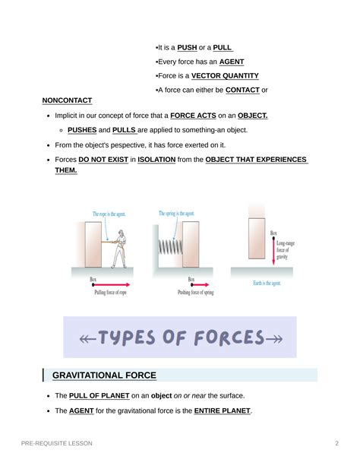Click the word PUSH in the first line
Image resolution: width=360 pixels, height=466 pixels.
(187, 47)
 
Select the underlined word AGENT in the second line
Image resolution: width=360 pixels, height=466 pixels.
(232, 62)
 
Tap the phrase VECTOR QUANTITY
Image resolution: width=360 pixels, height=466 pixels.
(225, 76)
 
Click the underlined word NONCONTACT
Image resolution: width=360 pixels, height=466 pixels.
(67, 100)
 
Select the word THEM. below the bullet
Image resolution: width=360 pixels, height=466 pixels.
(66, 170)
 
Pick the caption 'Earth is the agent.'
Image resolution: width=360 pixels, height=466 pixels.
(271, 284)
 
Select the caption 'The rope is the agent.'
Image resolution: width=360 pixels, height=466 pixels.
(109, 214)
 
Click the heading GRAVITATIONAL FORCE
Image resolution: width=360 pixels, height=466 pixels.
(104, 375)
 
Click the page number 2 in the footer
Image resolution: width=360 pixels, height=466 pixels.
(336, 443)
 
